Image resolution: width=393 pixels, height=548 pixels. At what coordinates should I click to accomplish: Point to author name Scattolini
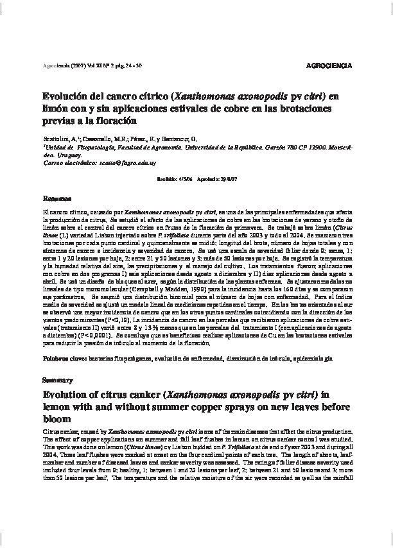click(x=57, y=138)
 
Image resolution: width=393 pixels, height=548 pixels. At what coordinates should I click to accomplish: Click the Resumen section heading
click(x=54, y=197)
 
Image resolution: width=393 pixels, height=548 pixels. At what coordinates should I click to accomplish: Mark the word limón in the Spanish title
click(x=57, y=108)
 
